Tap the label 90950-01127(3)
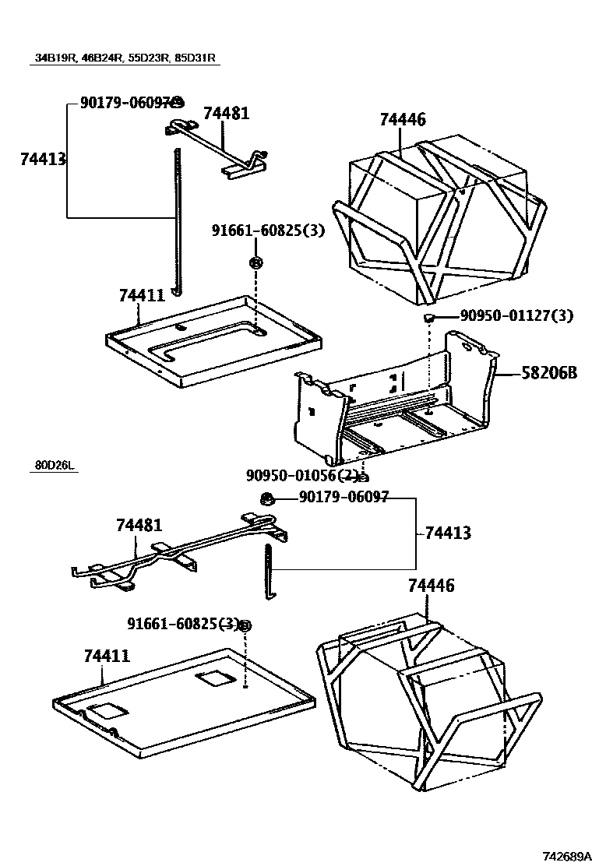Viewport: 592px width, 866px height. (x=516, y=315)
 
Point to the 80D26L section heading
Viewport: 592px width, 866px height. (x=54, y=466)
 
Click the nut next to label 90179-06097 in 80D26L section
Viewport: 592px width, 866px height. (x=266, y=498)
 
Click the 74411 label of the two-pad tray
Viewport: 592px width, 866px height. (x=107, y=657)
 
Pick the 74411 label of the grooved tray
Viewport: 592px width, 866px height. (x=142, y=296)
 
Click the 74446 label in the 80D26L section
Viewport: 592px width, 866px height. (x=431, y=586)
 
